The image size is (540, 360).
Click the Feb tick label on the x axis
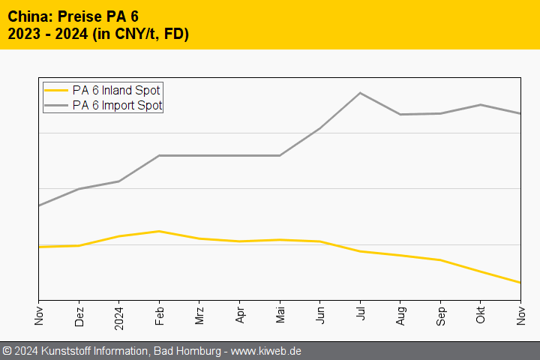(159, 315)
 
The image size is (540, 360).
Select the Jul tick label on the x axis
(360, 315)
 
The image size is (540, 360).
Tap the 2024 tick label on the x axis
(118, 318)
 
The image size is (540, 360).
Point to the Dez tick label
(79, 316)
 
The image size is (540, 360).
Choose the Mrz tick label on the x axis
(199, 315)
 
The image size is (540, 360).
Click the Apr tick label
(239, 315)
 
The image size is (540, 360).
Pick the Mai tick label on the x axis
(280, 315)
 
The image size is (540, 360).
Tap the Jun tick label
(320, 315)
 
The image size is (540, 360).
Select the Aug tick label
(400, 316)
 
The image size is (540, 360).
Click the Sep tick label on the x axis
(440, 316)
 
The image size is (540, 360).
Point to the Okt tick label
(481, 315)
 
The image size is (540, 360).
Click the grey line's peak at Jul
(360, 93)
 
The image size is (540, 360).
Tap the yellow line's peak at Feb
(159, 231)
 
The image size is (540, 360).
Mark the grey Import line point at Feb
(159, 155)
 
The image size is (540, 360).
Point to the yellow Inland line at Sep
(440, 260)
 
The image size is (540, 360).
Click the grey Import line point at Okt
(481, 105)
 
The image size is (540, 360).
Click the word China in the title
(29, 16)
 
